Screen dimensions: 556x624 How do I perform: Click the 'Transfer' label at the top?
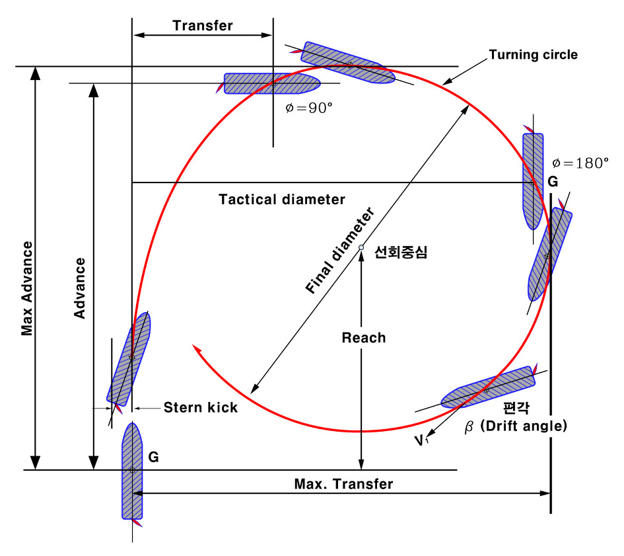203,26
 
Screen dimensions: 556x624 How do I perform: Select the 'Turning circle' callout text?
533,55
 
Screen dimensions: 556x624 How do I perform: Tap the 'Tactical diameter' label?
282,199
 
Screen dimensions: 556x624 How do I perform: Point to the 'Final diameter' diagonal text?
340,251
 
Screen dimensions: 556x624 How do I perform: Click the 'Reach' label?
363,338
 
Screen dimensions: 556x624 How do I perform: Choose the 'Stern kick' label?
201,407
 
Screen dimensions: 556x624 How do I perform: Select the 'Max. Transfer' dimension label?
343,484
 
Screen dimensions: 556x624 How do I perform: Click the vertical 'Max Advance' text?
27,288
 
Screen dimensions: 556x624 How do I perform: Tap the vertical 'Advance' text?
80,288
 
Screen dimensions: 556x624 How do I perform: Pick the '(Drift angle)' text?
523,426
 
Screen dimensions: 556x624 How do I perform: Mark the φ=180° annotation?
580,163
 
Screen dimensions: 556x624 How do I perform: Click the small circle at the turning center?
361,247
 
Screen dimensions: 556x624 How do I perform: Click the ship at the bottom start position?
132,470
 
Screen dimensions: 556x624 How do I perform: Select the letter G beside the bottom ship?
153,456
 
